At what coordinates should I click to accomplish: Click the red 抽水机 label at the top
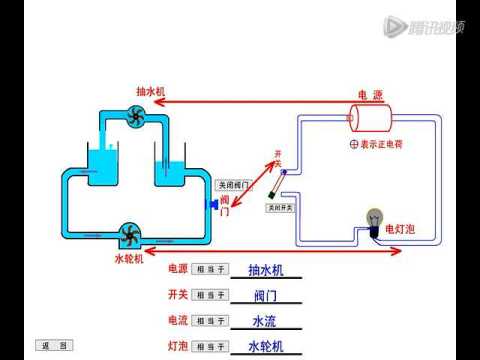[151, 91]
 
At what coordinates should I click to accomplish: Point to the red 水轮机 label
[128, 258]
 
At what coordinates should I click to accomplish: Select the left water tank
[102, 164]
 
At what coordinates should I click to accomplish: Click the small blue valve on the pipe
[212, 204]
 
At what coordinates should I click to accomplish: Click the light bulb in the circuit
[375, 220]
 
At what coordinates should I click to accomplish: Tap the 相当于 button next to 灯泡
[211, 346]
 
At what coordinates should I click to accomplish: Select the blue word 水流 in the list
[265, 321]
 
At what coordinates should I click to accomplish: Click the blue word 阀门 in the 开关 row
[265, 296]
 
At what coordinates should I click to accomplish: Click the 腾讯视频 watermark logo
[424, 26]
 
